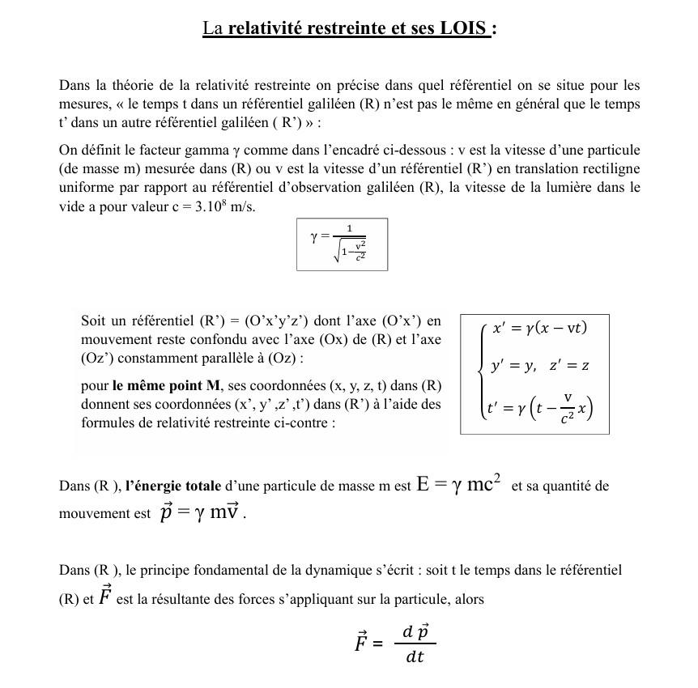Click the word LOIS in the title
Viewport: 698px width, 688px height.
click(x=464, y=28)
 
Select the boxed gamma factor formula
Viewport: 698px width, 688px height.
click(x=342, y=244)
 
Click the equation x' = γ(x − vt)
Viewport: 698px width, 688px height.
click(x=540, y=328)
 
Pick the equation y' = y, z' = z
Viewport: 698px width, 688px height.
click(x=540, y=366)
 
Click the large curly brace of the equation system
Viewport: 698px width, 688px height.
click(x=481, y=368)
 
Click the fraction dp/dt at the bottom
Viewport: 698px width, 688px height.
click(x=415, y=643)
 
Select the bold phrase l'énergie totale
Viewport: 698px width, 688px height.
click(x=172, y=486)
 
